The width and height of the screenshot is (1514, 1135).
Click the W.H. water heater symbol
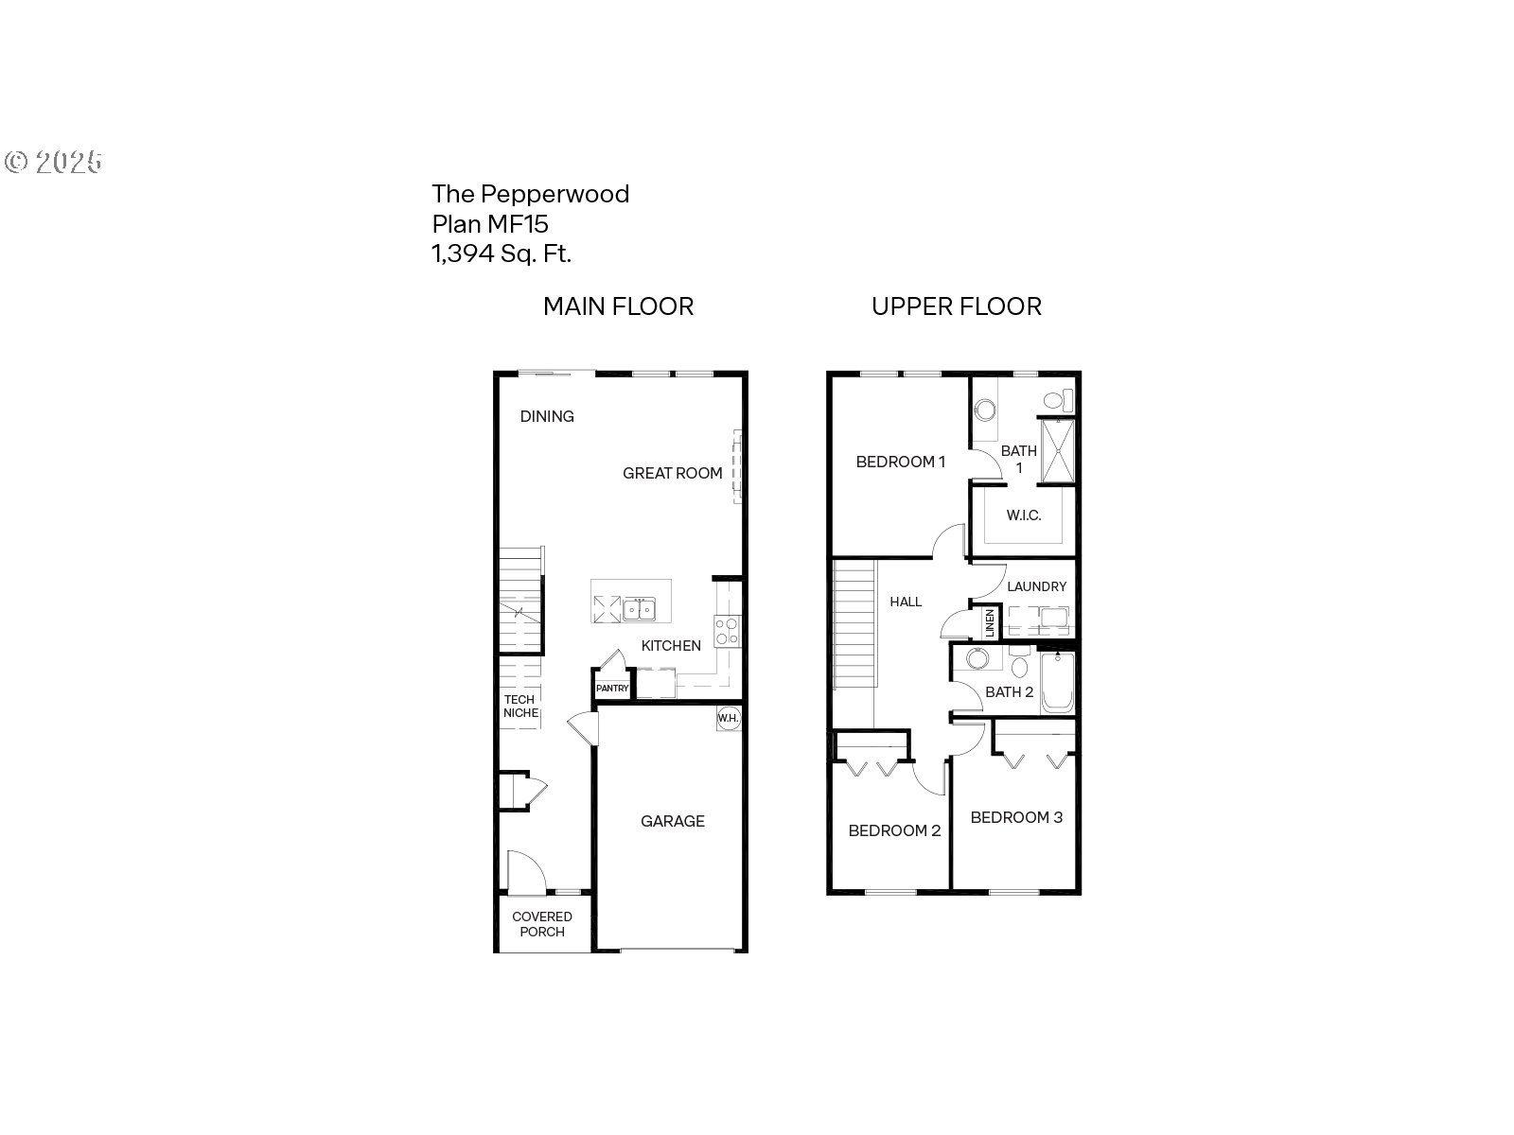click(728, 718)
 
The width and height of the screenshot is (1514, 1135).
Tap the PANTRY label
click(612, 688)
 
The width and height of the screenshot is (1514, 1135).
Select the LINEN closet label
click(990, 623)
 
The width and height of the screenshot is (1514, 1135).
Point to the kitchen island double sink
click(640, 609)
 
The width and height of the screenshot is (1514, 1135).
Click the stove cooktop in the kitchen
click(727, 631)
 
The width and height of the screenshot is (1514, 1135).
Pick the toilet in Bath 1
click(1058, 400)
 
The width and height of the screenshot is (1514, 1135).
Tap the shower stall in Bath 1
click(1057, 451)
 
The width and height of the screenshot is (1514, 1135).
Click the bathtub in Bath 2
click(1057, 682)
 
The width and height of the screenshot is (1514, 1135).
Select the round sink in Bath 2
click(977, 658)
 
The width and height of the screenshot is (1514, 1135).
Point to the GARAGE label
click(673, 821)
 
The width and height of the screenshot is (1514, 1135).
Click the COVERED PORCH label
click(542, 924)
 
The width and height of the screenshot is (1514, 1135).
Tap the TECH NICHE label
click(520, 707)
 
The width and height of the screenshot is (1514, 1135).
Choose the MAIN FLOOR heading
click(618, 306)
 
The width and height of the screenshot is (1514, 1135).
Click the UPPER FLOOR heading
click(956, 306)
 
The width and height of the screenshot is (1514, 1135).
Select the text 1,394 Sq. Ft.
click(502, 253)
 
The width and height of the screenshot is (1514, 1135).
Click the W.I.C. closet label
click(1024, 515)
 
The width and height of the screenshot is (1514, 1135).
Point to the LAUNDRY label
click(1037, 586)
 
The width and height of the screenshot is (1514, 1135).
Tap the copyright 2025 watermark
click(53, 162)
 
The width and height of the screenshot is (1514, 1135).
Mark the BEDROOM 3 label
click(1016, 817)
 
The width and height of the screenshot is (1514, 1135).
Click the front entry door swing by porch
click(527, 872)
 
